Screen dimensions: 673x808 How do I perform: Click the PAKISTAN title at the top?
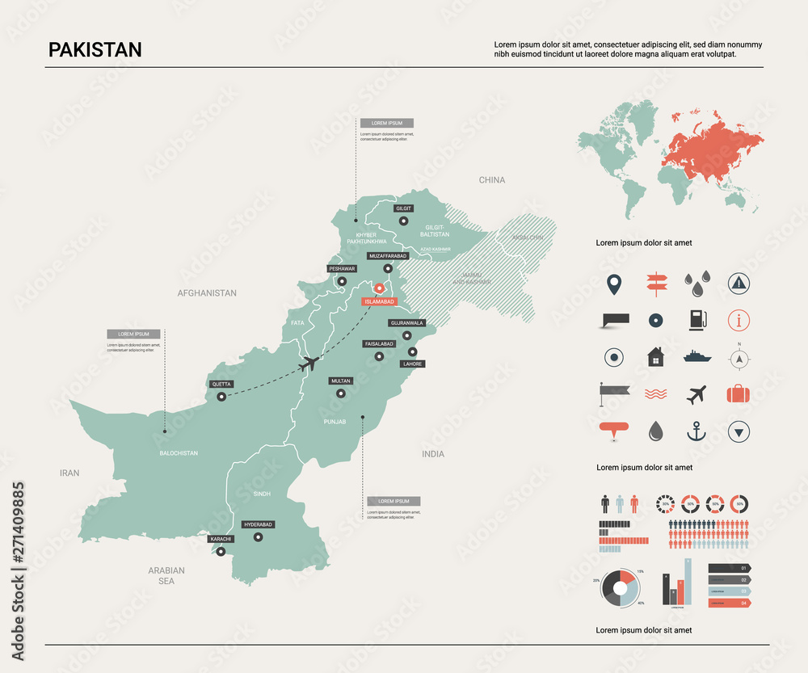(x=95, y=49)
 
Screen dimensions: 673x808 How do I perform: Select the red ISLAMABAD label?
(x=379, y=301)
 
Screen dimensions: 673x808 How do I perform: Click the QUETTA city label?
(x=221, y=385)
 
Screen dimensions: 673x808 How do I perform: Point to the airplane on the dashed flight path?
(x=307, y=364)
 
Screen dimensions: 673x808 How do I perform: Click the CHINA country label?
(x=491, y=180)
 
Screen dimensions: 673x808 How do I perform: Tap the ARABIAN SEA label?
(x=166, y=575)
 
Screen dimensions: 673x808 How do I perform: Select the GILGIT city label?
(x=403, y=208)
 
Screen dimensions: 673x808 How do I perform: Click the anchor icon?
(x=696, y=431)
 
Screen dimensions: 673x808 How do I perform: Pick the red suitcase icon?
(x=739, y=393)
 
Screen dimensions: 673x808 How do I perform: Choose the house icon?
(x=654, y=356)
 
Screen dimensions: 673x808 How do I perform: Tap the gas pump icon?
(x=696, y=319)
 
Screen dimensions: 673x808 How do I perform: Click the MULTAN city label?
(x=340, y=381)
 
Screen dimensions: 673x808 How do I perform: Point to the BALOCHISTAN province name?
(x=179, y=453)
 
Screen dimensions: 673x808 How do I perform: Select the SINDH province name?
(x=262, y=493)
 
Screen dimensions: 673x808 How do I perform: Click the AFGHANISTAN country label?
(x=207, y=293)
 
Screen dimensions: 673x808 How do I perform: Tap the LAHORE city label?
(x=412, y=364)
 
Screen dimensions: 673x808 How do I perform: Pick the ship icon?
(x=696, y=355)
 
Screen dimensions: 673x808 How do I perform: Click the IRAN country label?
(x=69, y=473)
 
